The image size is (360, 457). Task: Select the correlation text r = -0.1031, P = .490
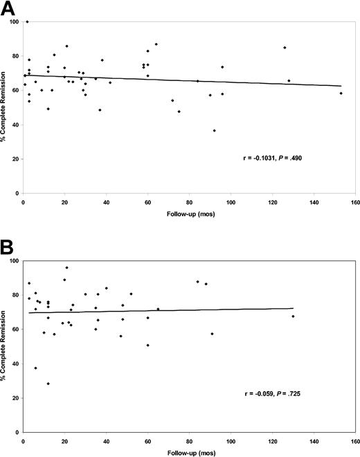pos(274,159)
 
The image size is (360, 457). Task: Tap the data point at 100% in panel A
pos(27,22)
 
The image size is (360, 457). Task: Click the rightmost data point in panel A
pos(341,93)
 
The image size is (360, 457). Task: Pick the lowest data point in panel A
pos(214,131)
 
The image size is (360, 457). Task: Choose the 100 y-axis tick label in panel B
pos(13,261)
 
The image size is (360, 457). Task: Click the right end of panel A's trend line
pos(341,87)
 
